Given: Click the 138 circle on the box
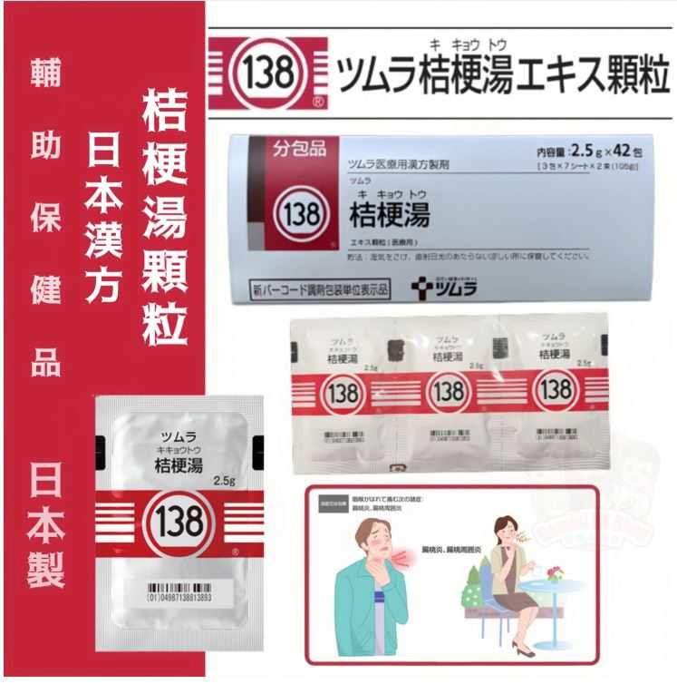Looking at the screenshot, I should tap(299, 215).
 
